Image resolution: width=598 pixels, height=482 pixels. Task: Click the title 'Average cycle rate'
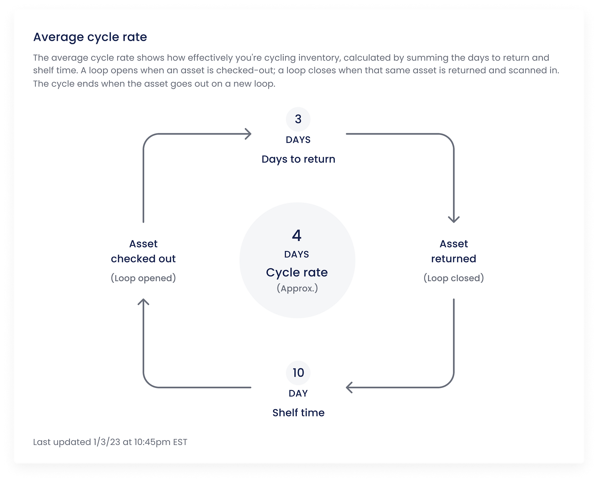(90, 37)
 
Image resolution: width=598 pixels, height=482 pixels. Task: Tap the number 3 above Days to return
(298, 119)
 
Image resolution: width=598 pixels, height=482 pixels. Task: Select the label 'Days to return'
(298, 159)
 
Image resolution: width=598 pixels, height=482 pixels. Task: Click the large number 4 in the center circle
(297, 235)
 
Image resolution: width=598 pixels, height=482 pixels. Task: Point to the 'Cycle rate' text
(297, 272)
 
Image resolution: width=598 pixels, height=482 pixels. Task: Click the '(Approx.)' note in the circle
(297, 288)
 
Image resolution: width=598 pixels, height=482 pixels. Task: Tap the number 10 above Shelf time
(298, 373)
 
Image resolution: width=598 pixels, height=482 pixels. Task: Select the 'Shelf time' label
(298, 413)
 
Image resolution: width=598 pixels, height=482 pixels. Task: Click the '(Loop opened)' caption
(143, 278)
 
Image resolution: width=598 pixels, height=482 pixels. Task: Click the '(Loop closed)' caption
(454, 278)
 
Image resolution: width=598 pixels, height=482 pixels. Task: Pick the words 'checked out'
(143, 259)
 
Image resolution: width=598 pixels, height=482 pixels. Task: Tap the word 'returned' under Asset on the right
(454, 259)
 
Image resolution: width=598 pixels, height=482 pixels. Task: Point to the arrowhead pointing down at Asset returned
(454, 220)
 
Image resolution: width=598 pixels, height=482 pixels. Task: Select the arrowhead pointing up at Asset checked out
(143, 301)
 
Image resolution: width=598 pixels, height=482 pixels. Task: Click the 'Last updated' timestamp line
(110, 442)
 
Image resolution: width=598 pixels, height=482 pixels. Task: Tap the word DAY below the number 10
(298, 394)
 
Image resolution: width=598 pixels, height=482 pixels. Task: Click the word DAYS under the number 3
(298, 140)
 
